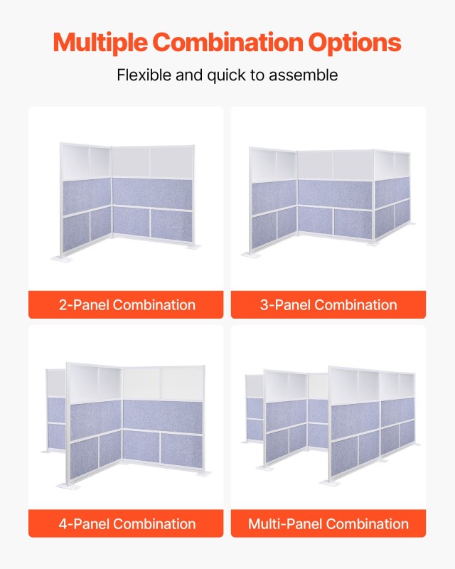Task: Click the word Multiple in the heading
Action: [x=100, y=43]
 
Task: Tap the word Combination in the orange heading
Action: [x=228, y=42]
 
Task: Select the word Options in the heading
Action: [x=355, y=43]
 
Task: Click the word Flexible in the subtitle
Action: [x=144, y=75]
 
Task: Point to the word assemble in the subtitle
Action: [x=304, y=75]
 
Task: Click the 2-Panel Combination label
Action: [x=127, y=305]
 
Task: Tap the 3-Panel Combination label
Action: [x=328, y=305]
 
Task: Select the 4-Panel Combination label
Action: [x=127, y=523]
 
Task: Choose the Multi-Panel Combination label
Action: [x=328, y=523]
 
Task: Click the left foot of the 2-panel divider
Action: [x=62, y=258]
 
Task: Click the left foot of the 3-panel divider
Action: [x=251, y=255]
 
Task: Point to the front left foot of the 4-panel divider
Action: [x=68, y=486]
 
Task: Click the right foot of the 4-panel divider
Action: [x=203, y=474]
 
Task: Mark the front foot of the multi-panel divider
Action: [x=330, y=483]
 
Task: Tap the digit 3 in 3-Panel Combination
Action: [x=264, y=305]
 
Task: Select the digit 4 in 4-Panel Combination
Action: [x=63, y=523]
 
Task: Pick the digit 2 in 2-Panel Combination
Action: [x=63, y=305]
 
